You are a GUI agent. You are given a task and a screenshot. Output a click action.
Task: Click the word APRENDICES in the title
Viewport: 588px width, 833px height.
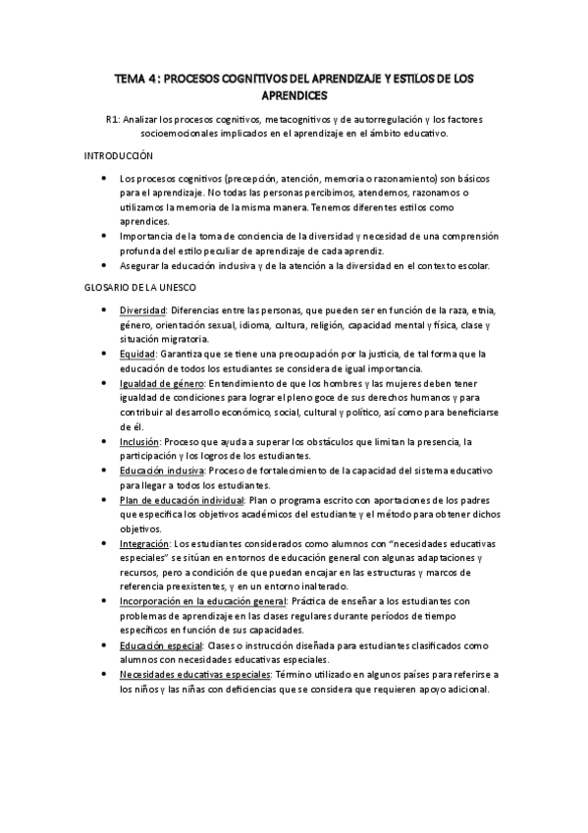(294, 95)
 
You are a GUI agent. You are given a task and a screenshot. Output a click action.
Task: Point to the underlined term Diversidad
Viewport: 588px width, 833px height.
(143, 311)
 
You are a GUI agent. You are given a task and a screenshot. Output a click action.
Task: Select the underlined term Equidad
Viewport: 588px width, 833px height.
(137, 353)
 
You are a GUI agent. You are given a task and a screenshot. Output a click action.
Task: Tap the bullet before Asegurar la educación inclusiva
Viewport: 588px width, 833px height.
(104, 265)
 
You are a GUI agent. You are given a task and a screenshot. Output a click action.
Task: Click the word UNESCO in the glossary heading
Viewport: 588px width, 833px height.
(178, 287)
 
